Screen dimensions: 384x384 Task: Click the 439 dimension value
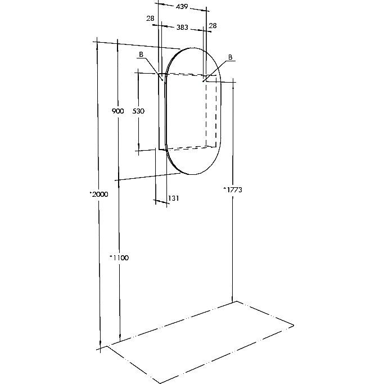click(x=182, y=7)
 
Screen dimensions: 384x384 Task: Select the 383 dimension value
click(x=182, y=27)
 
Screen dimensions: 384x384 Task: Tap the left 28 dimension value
click(x=150, y=19)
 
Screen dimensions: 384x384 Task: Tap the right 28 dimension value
click(x=213, y=26)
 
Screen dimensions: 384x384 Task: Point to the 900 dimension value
click(x=118, y=111)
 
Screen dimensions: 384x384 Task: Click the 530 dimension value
click(x=138, y=111)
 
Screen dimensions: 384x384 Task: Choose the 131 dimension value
click(x=174, y=198)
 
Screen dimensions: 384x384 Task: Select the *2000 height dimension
click(x=99, y=194)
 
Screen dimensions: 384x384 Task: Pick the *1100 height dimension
click(x=119, y=257)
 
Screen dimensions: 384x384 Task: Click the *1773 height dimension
click(x=233, y=190)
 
